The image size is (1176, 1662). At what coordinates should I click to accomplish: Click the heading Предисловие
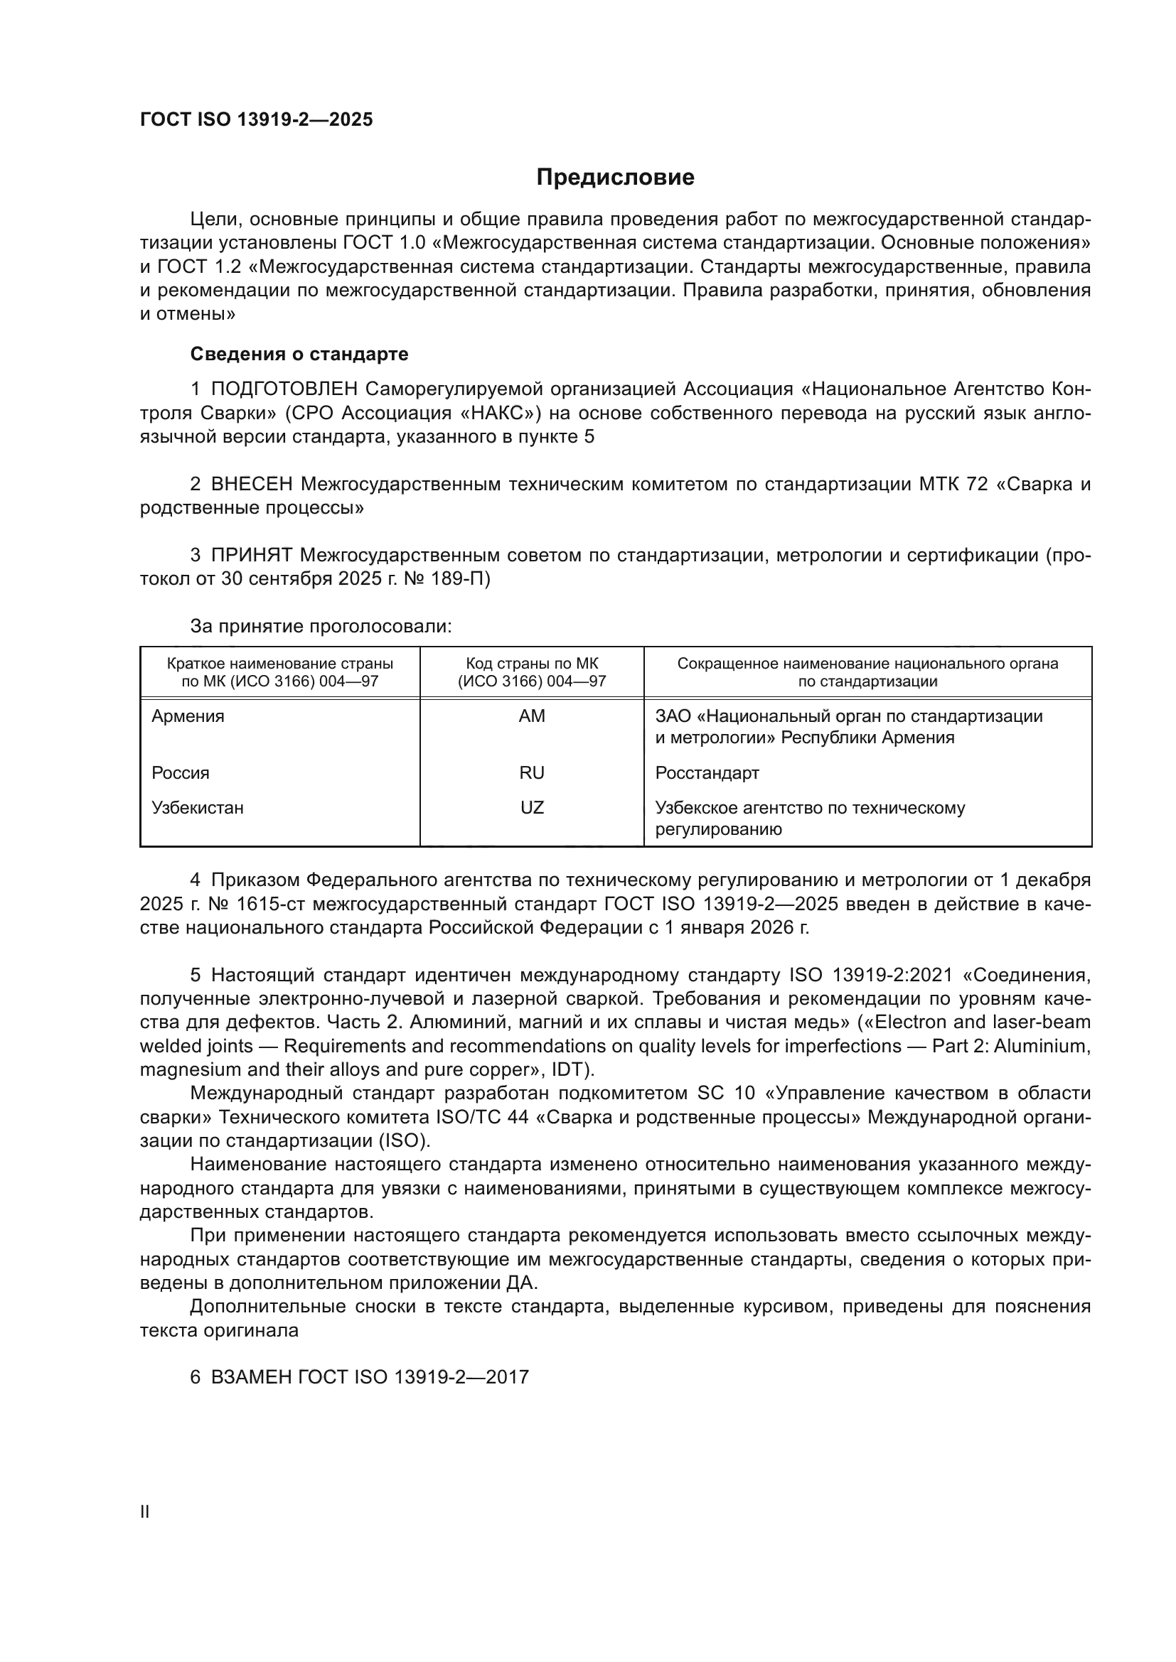click(x=615, y=178)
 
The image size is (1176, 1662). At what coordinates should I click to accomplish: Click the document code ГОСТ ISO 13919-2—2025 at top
click(x=257, y=119)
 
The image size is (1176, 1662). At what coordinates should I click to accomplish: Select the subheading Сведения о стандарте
click(x=299, y=354)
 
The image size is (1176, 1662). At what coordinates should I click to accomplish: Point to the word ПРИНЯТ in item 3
click(x=251, y=555)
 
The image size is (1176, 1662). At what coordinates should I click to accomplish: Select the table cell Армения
click(x=188, y=716)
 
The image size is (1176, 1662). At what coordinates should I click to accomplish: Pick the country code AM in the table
click(x=532, y=716)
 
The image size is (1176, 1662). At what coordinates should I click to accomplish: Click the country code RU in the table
click(x=532, y=772)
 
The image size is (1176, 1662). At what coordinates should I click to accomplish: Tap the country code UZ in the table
click(x=532, y=807)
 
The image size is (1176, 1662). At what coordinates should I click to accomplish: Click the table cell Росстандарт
click(x=707, y=772)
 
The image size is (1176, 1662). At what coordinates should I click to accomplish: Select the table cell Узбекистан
click(x=197, y=807)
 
